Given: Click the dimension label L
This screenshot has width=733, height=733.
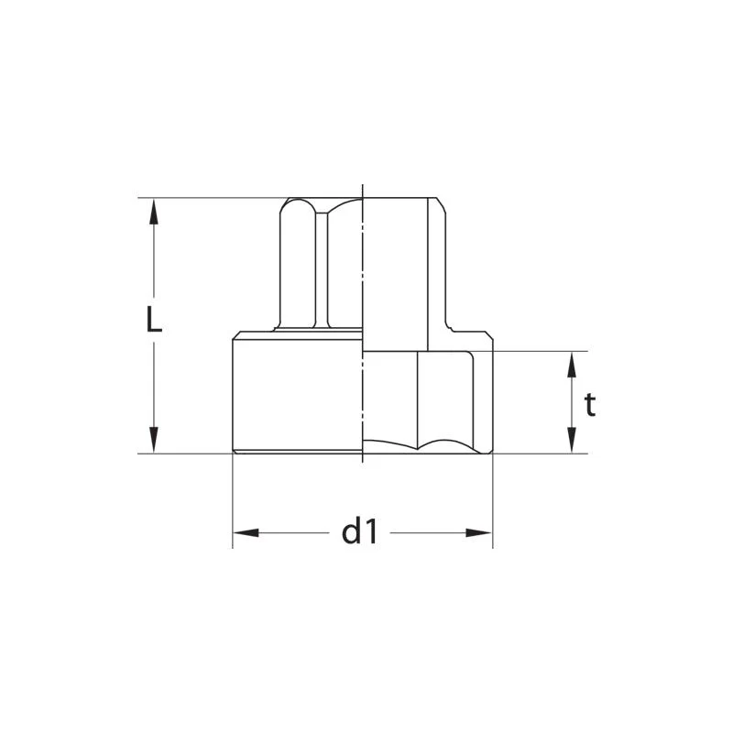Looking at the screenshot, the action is click(x=154, y=319).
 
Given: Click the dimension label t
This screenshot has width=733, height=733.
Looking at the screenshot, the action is click(x=590, y=404).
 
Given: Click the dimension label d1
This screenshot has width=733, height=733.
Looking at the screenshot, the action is click(x=359, y=532).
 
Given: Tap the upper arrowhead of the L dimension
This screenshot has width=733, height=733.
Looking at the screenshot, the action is click(x=154, y=212).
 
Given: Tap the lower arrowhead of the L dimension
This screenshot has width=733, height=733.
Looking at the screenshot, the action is click(x=154, y=440).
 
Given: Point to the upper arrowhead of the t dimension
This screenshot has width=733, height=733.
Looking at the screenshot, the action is click(x=571, y=365).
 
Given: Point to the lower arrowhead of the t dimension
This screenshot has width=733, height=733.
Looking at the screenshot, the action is click(x=571, y=440).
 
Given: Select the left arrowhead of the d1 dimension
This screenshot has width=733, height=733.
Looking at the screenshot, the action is click(x=246, y=533).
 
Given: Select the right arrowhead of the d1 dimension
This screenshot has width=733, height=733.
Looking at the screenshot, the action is click(x=479, y=533).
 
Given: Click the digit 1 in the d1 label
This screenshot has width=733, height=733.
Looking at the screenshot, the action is click(x=371, y=533).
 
